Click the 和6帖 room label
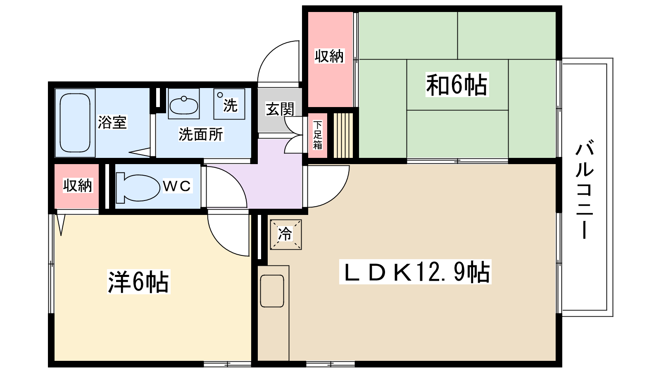coord(457,85)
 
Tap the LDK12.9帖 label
coord(415,272)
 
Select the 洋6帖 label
coord(138,282)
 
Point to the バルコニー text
coord(584,190)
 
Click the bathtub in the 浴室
coord(75,123)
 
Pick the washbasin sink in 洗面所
coord(184,105)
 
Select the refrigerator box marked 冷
coord(286,234)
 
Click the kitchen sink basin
coord(272,291)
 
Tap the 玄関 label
coord(280,109)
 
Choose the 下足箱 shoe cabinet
coord(317,135)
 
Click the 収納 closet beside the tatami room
coord(329,56)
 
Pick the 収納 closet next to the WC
coord(77,186)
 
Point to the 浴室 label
coord(112,122)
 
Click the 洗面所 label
coord(201,134)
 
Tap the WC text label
coord(177,186)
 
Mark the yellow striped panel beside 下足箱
coord(343,135)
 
